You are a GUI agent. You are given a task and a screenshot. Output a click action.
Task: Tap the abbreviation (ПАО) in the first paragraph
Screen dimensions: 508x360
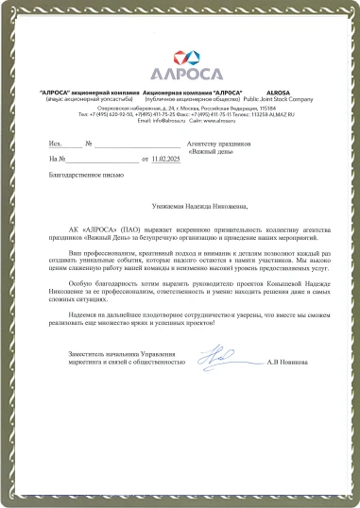132,229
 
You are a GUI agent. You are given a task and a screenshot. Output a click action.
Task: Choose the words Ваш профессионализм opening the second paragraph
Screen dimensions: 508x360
126,255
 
